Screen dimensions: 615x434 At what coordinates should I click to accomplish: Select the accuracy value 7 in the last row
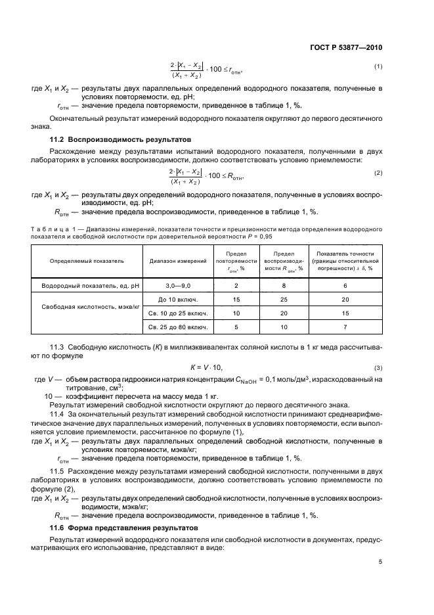click(345, 327)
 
